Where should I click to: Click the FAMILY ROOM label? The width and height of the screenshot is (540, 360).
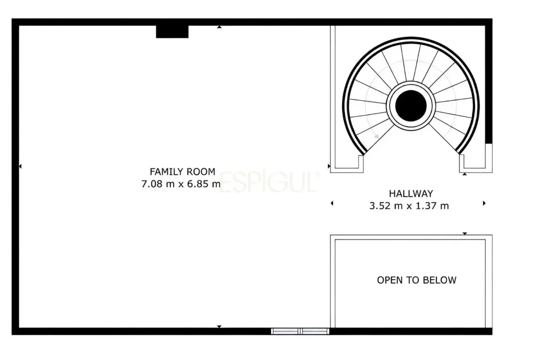pyautogui.click(x=182, y=172)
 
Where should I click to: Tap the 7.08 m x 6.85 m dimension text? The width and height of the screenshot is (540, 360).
pyautogui.click(x=181, y=184)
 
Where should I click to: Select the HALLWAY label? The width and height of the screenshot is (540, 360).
pyautogui.click(x=411, y=194)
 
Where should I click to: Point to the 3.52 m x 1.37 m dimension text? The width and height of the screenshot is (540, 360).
pyautogui.click(x=409, y=206)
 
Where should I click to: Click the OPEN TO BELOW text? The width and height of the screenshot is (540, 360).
pyautogui.click(x=417, y=280)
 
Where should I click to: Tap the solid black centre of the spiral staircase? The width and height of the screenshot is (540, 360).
pyautogui.click(x=411, y=106)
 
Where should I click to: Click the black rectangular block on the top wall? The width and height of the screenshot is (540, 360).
pyautogui.click(x=172, y=32)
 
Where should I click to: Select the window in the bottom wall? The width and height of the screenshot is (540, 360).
pyautogui.click(x=300, y=331)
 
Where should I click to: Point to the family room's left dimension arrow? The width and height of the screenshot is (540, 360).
pyautogui.click(x=20, y=166)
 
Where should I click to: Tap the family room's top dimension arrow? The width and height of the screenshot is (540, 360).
pyautogui.click(x=219, y=27)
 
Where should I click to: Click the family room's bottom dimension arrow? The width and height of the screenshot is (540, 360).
pyautogui.click(x=219, y=327)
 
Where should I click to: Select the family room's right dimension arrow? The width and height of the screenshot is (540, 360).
pyautogui.click(x=329, y=166)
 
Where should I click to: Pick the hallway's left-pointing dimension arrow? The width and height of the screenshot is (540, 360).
pyautogui.click(x=332, y=203)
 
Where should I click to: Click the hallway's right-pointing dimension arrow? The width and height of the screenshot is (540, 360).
pyautogui.click(x=484, y=203)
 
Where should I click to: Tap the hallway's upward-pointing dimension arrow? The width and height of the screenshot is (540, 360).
pyautogui.click(x=464, y=174)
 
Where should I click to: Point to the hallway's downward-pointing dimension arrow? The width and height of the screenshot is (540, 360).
pyautogui.click(x=464, y=234)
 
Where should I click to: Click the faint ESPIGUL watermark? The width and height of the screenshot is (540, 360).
pyautogui.click(x=269, y=181)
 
